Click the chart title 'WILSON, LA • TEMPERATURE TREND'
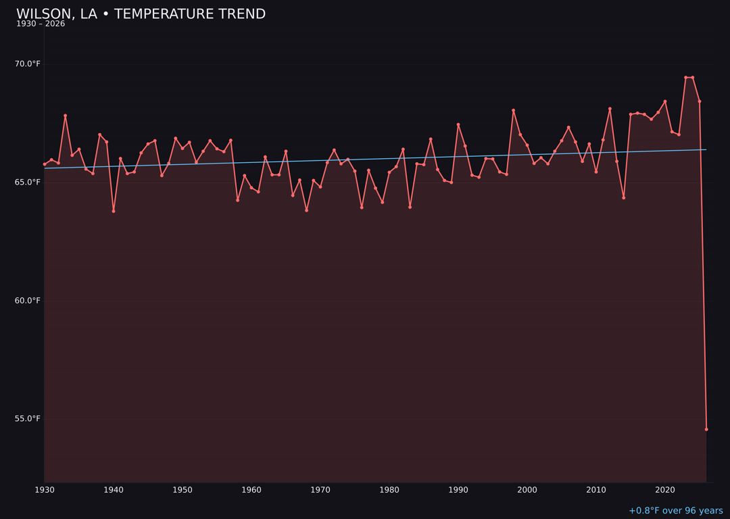point(141,14)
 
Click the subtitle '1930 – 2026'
point(41,24)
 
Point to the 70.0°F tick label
point(28,64)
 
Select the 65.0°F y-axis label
point(28,182)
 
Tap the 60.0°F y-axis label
point(28,301)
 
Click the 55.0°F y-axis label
point(28,419)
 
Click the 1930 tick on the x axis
point(45,490)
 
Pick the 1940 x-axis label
point(114,490)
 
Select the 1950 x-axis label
point(182,490)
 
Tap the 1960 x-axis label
point(251,490)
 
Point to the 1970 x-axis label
point(320,490)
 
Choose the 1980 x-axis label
point(389,490)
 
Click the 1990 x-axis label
point(458,490)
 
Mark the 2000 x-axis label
point(527,490)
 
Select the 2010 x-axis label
point(596,490)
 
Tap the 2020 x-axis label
point(665,490)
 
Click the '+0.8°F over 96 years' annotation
point(675,511)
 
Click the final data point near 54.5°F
point(706,429)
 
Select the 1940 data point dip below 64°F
point(114,211)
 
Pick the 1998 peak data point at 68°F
point(513,110)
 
